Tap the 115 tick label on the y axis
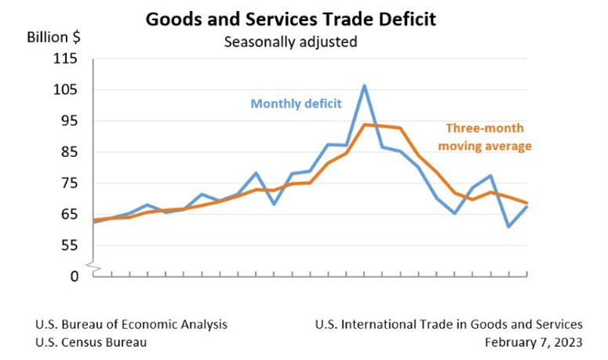point(67,59)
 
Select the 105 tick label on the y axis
point(67,90)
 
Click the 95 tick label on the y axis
point(70,121)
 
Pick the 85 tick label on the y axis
point(70,152)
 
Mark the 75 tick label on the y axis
point(70,184)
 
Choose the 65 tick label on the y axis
point(70,214)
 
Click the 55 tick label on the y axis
point(70,245)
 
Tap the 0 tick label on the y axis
point(75,276)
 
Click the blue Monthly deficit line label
point(297,104)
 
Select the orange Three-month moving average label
point(485,137)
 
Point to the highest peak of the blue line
point(365,85)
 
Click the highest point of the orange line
point(365,125)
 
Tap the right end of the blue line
point(526,206)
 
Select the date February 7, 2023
point(533,343)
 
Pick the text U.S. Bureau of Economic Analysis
point(131,324)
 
